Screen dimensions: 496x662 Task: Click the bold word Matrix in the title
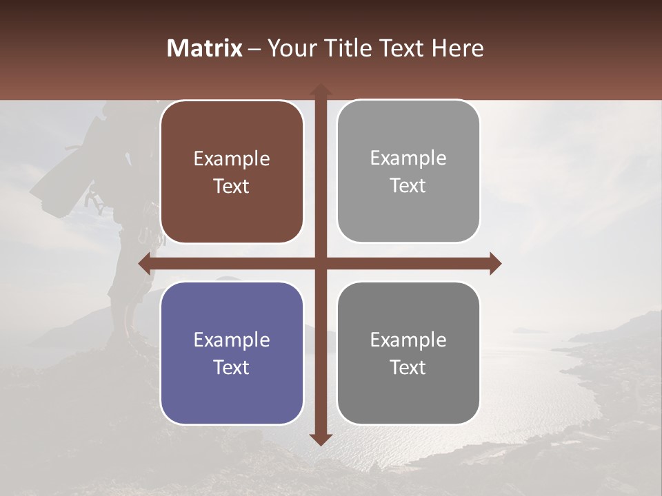click(205, 48)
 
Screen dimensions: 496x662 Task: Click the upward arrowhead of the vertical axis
click(320, 90)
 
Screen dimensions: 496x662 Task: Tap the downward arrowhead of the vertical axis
click(320, 439)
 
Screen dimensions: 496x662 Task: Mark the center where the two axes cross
click(320, 263)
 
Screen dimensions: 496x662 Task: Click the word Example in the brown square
click(232, 159)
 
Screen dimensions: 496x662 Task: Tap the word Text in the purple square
click(232, 367)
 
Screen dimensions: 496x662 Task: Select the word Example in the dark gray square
click(408, 340)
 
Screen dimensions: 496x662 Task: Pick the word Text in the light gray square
click(408, 185)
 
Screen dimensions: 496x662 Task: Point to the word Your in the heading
click(291, 48)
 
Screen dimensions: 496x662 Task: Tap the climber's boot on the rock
click(138, 338)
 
